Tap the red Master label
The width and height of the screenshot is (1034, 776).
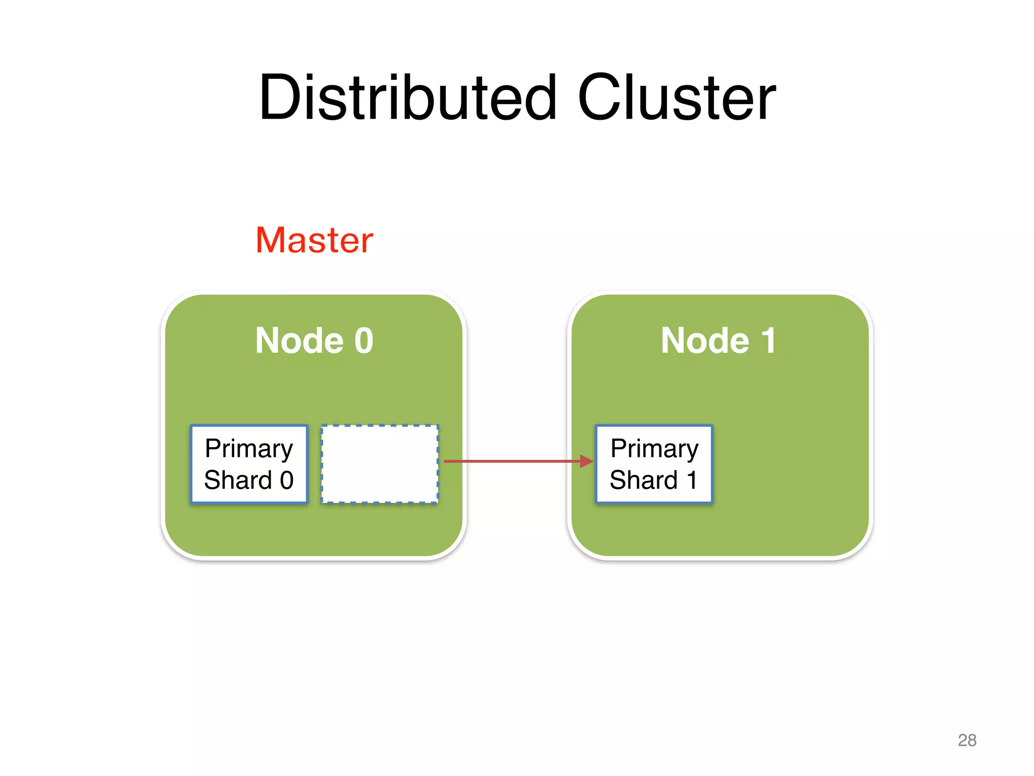(x=314, y=240)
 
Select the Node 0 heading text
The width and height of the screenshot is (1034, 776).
(x=314, y=340)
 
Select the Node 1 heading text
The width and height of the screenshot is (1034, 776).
(x=718, y=340)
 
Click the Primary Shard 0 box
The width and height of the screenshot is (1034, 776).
(x=249, y=464)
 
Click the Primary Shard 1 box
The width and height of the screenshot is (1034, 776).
(x=654, y=464)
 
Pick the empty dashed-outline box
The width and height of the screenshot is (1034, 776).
(x=380, y=464)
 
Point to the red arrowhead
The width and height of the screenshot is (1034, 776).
(x=587, y=461)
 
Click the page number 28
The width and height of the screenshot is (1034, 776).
(x=967, y=740)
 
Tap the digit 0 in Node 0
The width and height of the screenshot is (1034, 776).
(x=364, y=341)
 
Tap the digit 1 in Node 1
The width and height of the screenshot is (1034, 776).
(x=768, y=341)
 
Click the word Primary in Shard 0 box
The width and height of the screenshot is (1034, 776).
(x=249, y=449)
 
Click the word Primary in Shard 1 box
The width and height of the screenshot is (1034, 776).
(x=654, y=449)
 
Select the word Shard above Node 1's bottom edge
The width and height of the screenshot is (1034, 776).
(x=644, y=480)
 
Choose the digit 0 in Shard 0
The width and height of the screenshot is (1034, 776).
(x=287, y=480)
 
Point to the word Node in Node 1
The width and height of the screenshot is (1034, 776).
(x=705, y=341)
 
